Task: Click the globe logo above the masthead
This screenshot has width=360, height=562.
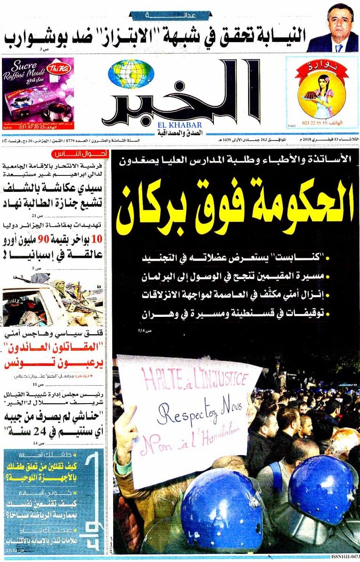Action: (131, 74)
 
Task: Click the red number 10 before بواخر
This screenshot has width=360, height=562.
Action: (99, 239)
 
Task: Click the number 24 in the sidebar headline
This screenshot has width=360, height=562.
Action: (41, 430)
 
